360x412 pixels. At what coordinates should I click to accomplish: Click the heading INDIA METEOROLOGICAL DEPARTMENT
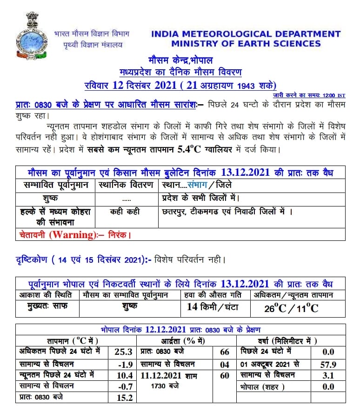click(x=246, y=34)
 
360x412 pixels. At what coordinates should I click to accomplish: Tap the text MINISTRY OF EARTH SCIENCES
click(x=246, y=44)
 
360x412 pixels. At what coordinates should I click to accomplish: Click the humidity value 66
click(x=225, y=352)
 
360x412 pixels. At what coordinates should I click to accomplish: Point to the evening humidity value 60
click(x=225, y=375)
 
